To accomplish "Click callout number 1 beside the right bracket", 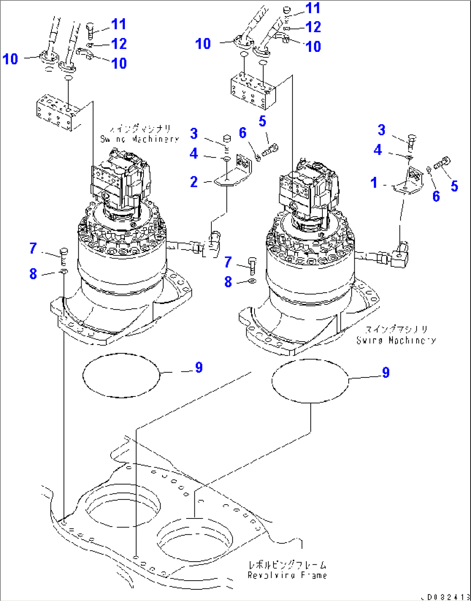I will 374,183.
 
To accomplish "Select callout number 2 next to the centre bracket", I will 194,182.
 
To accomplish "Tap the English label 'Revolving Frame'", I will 287,575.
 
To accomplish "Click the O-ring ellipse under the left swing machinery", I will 121,375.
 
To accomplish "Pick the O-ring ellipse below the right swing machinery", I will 310,381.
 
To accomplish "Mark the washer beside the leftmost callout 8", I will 63,272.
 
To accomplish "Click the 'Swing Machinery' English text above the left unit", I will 139,139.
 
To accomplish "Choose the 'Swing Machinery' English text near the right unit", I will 396,340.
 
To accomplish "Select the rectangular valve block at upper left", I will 58,112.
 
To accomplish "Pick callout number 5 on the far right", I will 454,186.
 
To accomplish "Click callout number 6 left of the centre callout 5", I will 242,133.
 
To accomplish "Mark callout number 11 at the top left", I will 118,24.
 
